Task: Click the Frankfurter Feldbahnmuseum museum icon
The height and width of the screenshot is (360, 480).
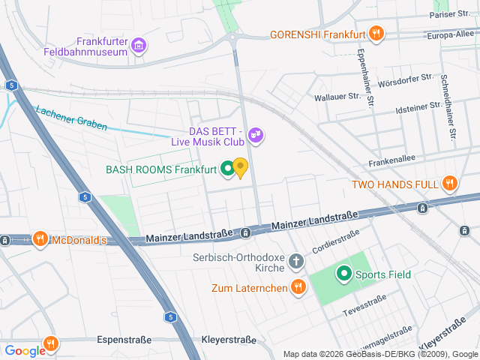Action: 138,46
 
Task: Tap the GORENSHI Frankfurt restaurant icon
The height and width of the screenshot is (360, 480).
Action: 377,34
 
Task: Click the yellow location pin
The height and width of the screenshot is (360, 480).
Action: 240,167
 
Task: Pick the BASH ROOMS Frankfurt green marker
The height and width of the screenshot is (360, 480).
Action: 226,169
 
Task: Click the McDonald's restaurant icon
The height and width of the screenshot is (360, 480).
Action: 40,240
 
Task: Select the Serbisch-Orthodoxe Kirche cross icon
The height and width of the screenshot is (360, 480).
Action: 297,262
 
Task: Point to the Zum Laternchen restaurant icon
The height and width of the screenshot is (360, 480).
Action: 298,286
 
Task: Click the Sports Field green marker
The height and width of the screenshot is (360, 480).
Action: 344,274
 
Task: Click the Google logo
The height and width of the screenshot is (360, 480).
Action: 25,350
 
